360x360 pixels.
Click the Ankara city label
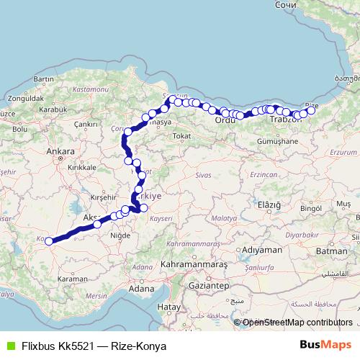[60, 152]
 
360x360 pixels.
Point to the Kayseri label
[162, 217]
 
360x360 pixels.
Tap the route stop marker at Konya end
[49, 241]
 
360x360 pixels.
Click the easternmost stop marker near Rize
[311, 110]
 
